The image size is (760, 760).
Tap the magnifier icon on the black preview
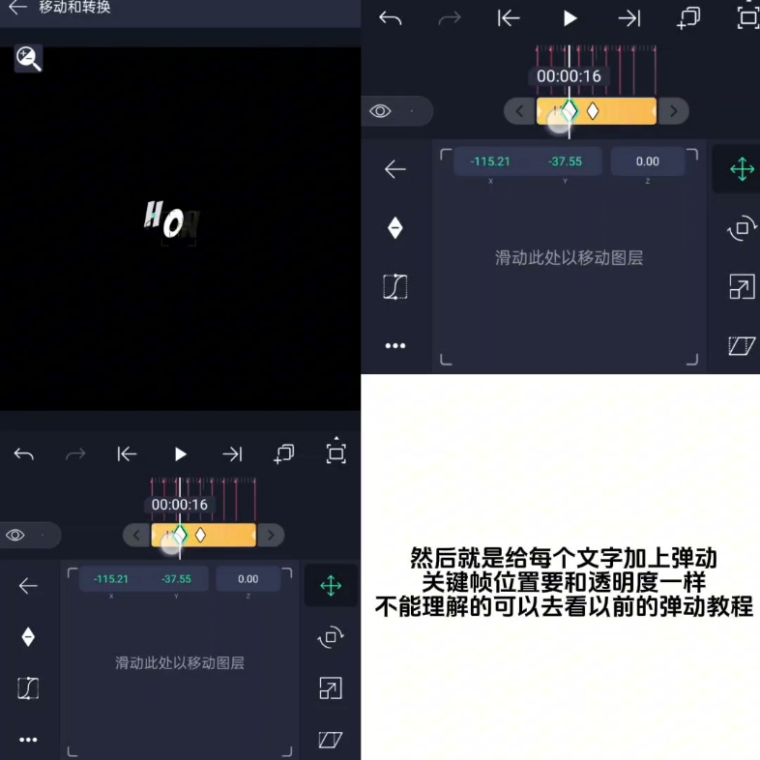coord(28,59)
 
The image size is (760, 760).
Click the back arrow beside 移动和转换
coord(17,8)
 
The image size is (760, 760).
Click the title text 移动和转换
coord(74,8)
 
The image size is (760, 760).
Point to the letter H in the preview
coord(153,215)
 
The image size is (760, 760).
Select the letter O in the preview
coord(173,224)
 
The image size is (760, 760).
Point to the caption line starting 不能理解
coord(564,607)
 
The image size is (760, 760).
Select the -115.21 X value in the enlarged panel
coord(490,161)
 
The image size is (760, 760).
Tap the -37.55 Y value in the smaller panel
coord(176,579)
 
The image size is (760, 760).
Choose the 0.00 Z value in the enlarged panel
coord(647,161)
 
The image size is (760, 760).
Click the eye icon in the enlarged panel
coord(380,111)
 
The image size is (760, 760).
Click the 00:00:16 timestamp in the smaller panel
coord(180,505)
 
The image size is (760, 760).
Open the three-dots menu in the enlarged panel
coord(395,345)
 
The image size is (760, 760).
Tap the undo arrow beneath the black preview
coord(24,454)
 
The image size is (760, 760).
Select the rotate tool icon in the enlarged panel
coord(742,229)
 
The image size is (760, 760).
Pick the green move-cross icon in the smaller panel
coord(331,586)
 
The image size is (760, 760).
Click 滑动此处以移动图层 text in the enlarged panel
coord(569,258)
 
